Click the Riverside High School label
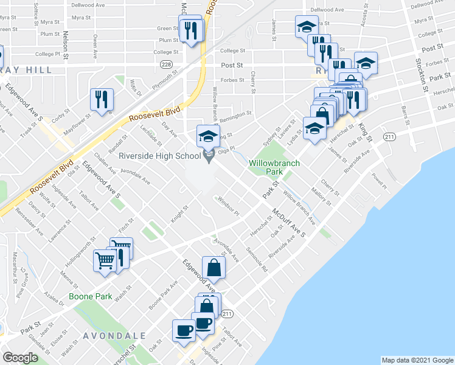159,156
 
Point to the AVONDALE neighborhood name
114,335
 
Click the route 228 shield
165,64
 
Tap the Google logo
20,358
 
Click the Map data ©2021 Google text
417,360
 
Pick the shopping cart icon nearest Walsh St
105,261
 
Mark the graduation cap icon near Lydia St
314,128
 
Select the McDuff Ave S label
288,221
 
